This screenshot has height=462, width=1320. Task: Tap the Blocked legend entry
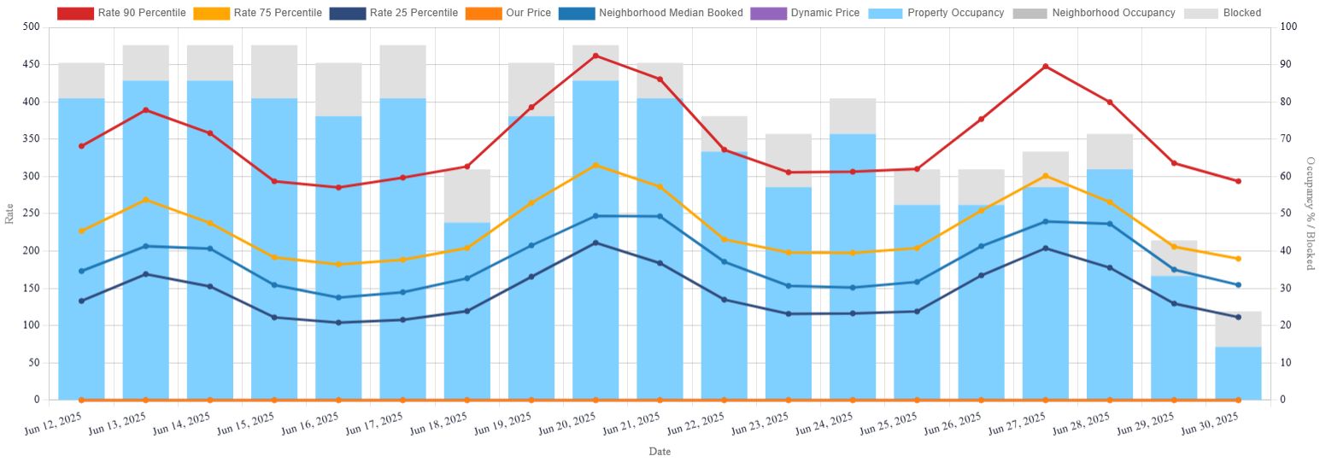click(1222, 13)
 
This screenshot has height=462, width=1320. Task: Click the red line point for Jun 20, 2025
click(595, 56)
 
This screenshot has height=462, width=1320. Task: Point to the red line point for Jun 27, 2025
click(1045, 66)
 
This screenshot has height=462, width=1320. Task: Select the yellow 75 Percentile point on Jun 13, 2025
click(145, 200)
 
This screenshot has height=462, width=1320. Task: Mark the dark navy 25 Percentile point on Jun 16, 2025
click(338, 323)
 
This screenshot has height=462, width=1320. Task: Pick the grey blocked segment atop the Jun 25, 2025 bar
click(917, 187)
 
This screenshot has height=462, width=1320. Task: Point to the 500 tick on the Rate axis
click(31, 27)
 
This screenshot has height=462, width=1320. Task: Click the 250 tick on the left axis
click(31, 213)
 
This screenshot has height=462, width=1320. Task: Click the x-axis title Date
click(659, 452)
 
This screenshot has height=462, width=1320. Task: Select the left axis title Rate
click(10, 213)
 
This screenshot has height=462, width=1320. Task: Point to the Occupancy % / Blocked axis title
click(1310, 213)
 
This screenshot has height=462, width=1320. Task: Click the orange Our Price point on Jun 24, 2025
click(853, 400)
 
